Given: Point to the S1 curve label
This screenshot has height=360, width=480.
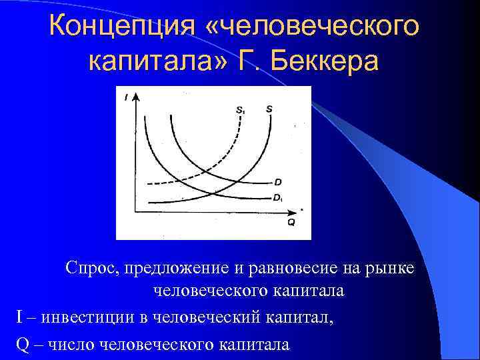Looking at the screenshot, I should [239, 109].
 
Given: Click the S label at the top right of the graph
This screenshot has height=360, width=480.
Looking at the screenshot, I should [269, 108].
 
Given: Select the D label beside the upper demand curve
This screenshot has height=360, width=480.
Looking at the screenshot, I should [278, 181].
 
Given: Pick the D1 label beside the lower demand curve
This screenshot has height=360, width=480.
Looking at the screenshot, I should [278, 197].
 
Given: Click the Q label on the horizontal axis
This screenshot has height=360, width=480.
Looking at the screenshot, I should [291, 223].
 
